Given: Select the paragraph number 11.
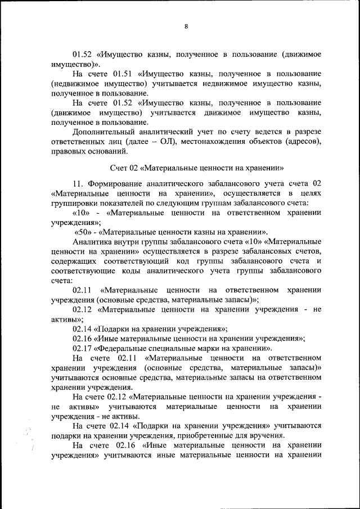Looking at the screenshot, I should pyautogui.click(x=78, y=184).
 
